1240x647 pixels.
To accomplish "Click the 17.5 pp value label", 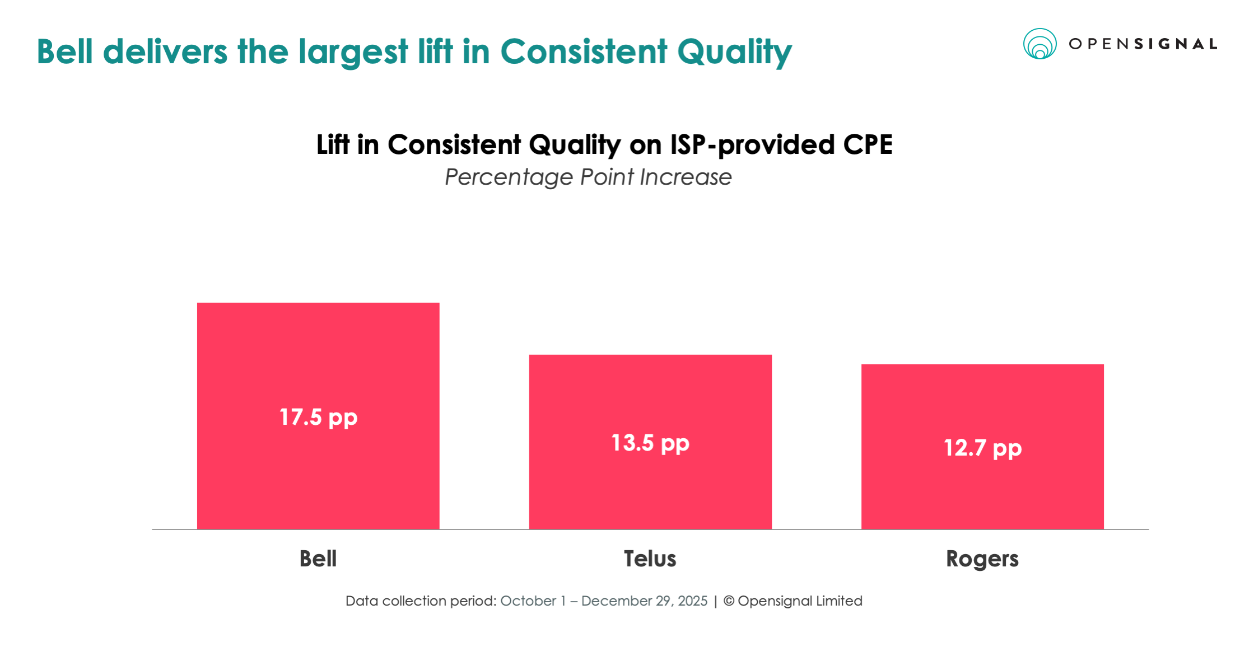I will tap(318, 418).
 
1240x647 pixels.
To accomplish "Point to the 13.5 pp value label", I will tap(650, 443).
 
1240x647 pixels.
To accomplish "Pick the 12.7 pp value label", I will tap(982, 448).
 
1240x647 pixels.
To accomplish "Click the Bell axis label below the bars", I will tap(318, 559).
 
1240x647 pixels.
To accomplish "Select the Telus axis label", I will tap(650, 559).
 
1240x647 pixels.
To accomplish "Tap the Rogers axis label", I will tap(982, 559).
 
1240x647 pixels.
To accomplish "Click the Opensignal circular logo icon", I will tap(1040, 44).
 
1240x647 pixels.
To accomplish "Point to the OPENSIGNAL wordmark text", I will tap(1143, 44).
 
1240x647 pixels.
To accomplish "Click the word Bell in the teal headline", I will tap(64, 51).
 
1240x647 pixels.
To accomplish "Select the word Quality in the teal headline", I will tap(734, 53).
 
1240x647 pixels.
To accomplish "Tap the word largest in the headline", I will tap(353, 53).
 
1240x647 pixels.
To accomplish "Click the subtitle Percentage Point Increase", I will tap(588, 177).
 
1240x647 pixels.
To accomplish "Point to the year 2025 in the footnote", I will tap(693, 601).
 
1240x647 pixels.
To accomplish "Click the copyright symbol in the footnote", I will tap(729, 601).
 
